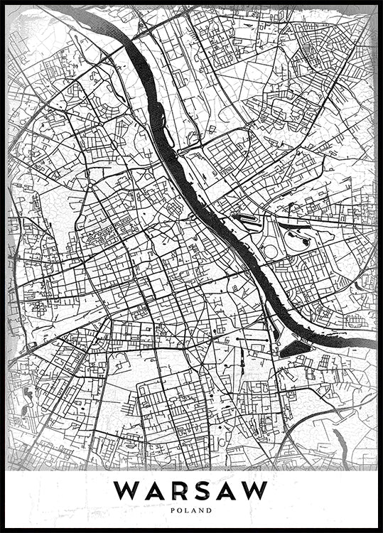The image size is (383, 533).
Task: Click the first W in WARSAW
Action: tap(129, 490)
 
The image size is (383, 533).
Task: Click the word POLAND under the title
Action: tap(192, 510)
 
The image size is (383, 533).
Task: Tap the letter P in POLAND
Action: tap(174, 510)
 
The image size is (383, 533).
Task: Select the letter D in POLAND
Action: tap(210, 510)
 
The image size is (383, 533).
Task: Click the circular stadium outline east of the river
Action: tap(269, 250)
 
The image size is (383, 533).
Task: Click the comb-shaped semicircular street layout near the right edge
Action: tap(355, 321)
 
